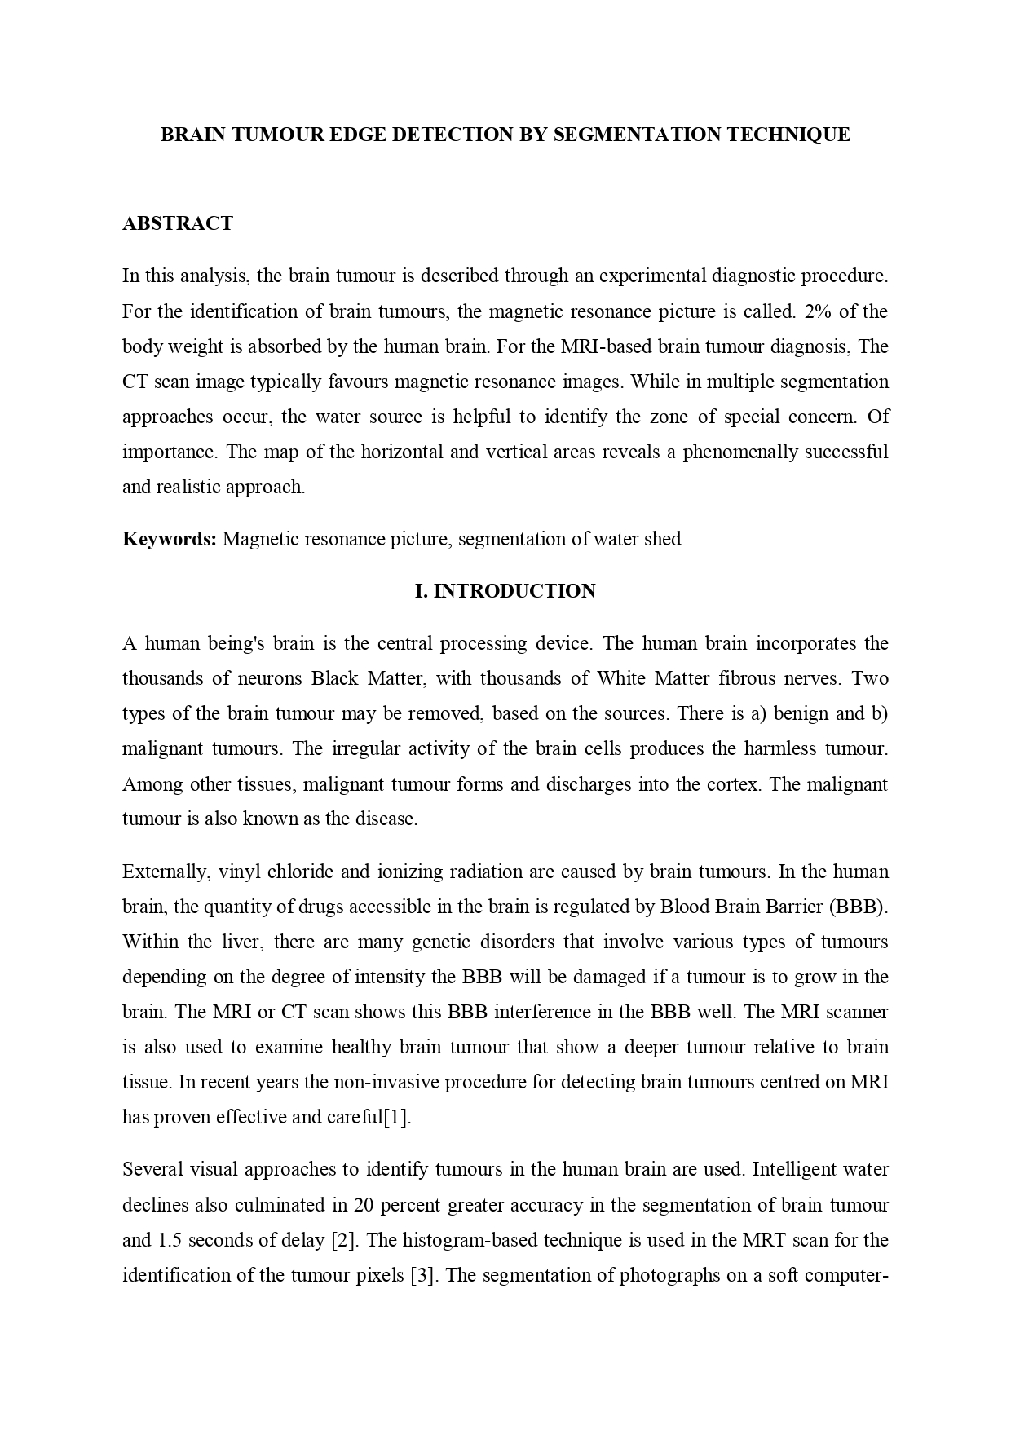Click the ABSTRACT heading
177,223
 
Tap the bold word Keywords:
169,539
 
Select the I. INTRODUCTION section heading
505,591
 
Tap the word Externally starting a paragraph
166,872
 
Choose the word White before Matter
624,678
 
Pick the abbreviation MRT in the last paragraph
763,1240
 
